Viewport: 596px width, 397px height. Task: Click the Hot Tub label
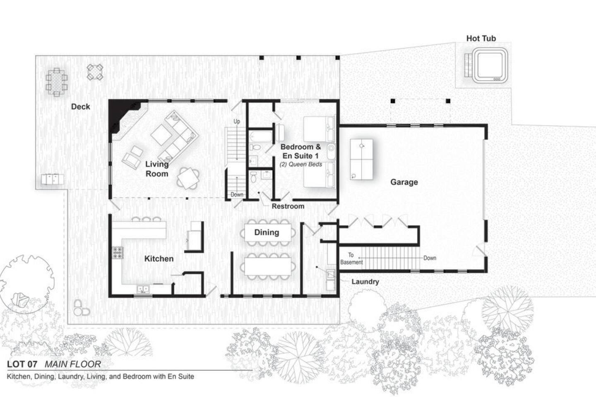click(x=481, y=38)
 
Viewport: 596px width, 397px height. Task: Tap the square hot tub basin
click(x=490, y=65)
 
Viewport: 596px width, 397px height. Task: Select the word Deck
click(x=80, y=107)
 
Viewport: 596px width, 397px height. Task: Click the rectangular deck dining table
click(x=56, y=82)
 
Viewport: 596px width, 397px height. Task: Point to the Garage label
click(x=404, y=182)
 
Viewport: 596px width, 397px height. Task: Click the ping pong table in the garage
click(x=361, y=159)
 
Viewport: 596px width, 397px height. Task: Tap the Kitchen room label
click(x=159, y=259)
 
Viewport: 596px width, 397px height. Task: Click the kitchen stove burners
click(x=118, y=253)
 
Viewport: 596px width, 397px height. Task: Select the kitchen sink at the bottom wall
click(x=143, y=289)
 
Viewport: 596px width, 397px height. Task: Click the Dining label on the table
click(x=267, y=232)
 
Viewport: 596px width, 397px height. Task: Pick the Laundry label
click(x=365, y=282)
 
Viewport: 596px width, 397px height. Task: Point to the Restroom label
click(x=288, y=206)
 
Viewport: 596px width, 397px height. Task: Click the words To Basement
click(x=351, y=258)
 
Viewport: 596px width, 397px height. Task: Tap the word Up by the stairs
click(x=237, y=122)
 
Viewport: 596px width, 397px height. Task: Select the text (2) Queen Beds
click(x=300, y=164)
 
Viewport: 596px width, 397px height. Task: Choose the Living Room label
click(x=157, y=169)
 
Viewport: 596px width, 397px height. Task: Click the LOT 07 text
click(x=22, y=364)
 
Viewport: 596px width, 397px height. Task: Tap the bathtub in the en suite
click(x=261, y=136)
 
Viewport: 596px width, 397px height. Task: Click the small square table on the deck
click(x=95, y=72)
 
